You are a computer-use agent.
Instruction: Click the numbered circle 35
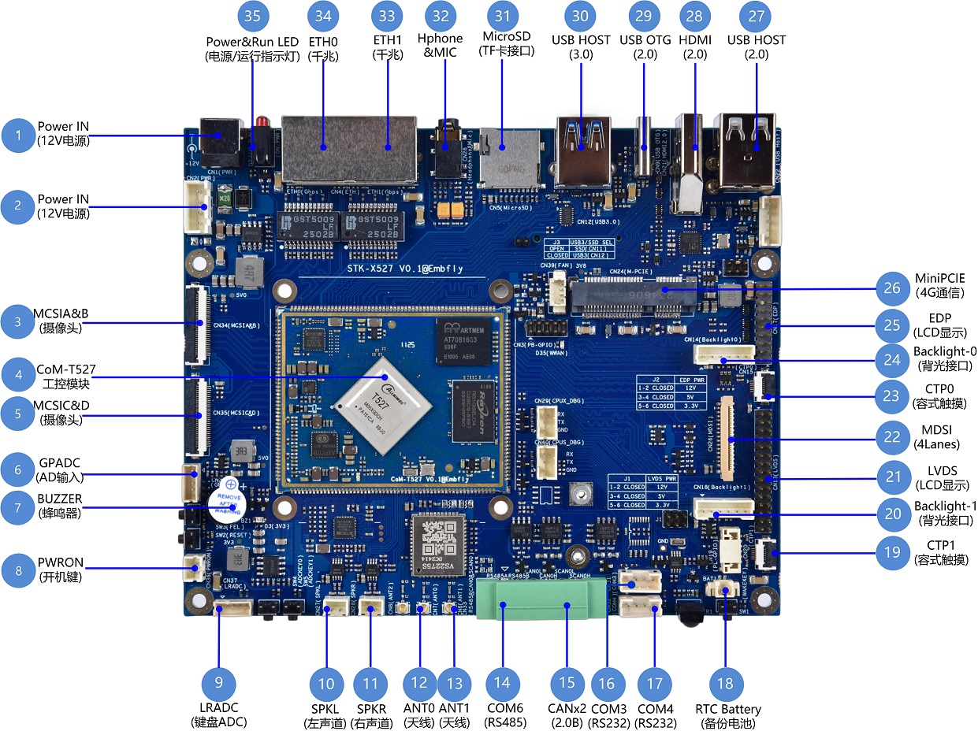252,15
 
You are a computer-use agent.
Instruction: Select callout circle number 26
891,289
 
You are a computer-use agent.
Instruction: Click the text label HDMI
695,40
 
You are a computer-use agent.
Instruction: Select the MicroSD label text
506,37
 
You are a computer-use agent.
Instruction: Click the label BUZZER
59,499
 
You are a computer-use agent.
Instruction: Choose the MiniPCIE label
939,278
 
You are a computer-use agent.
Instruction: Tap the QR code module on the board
437,541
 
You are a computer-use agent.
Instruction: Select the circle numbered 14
502,683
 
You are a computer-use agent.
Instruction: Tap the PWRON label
60,562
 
